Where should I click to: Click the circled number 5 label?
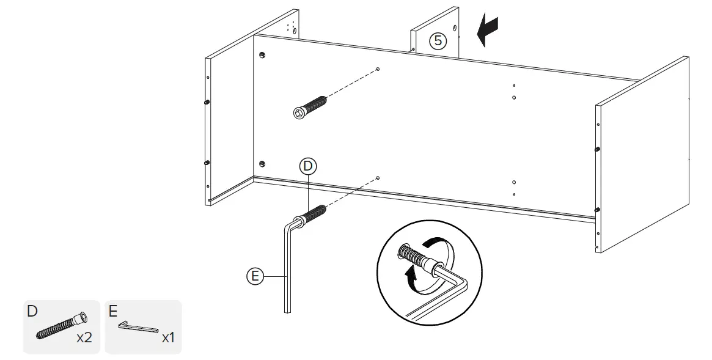[438, 41]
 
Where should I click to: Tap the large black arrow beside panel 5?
[488, 31]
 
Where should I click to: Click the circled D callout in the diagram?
[308, 166]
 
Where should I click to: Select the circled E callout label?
[255, 276]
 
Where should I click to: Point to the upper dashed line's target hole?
[378, 69]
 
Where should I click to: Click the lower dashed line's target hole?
[378, 178]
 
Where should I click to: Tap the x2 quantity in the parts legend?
[84, 337]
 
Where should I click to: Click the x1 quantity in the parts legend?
[168, 337]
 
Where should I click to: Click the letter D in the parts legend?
[32, 311]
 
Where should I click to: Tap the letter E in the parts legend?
[113, 311]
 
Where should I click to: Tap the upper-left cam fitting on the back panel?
[262, 56]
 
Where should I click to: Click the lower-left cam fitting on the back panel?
[262, 163]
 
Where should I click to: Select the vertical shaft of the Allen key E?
[287, 269]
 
